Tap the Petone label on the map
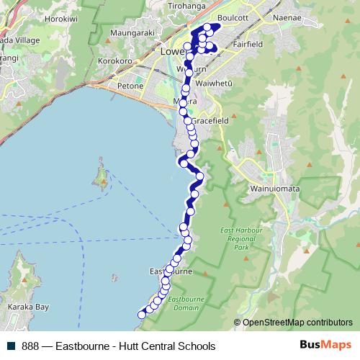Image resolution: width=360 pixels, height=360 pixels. tap(131, 86)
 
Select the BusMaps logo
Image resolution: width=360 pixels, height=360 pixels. tap(330, 346)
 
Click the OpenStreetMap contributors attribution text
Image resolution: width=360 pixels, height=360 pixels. tap(298, 323)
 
